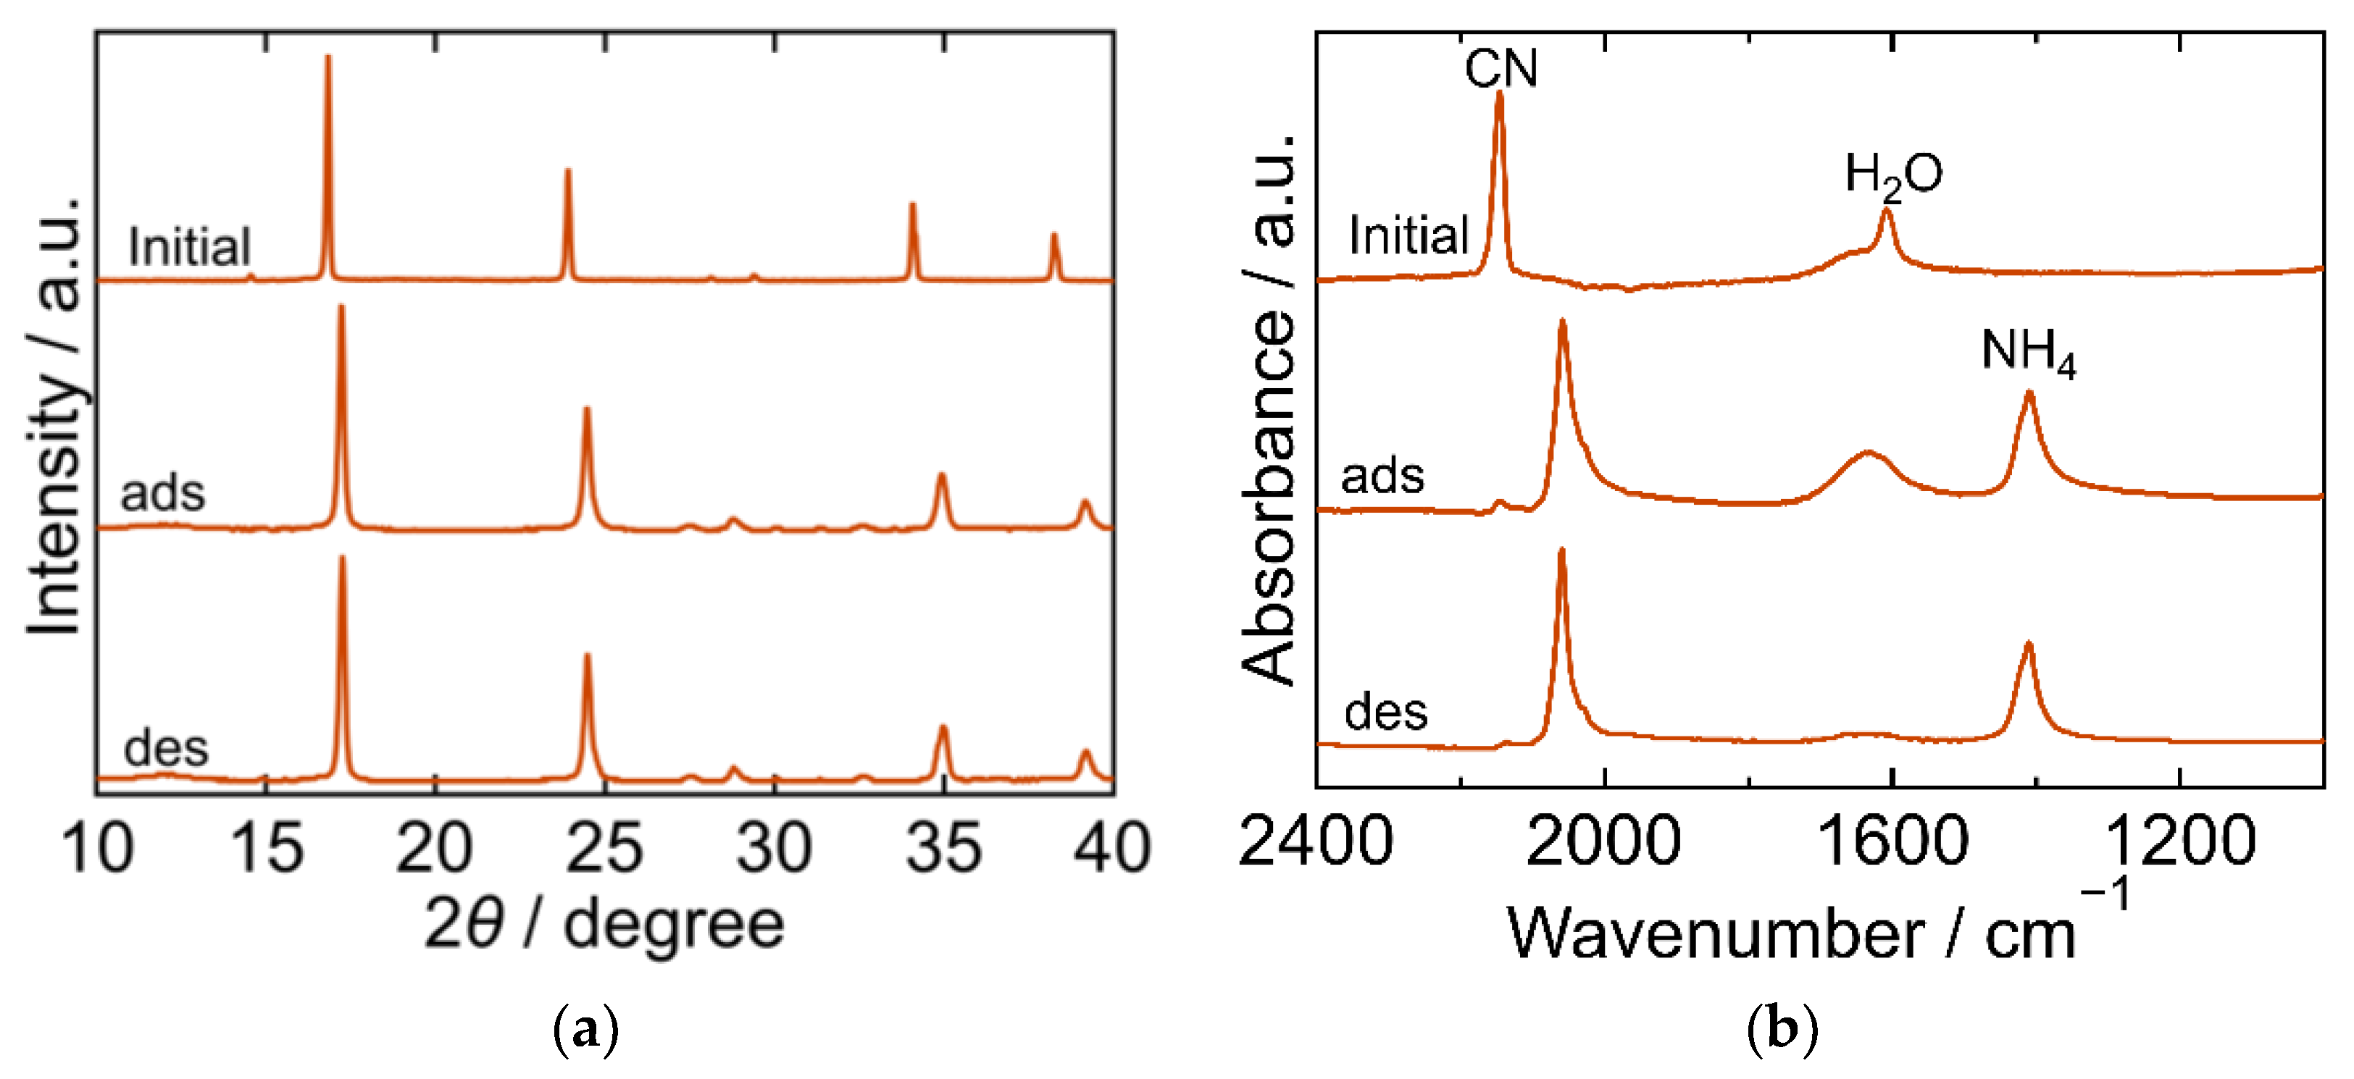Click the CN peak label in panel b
1501,69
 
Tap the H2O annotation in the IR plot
1893,175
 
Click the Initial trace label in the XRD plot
189,247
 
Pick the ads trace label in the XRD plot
163,493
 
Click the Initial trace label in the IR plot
1408,236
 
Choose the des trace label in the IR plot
1385,712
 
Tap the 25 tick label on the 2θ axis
604,848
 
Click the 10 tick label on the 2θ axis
97,848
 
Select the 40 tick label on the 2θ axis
1112,848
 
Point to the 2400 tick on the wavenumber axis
1316,841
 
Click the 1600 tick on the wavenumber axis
1892,841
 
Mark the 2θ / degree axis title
604,925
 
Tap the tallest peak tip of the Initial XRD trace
328,57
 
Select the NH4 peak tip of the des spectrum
2029,644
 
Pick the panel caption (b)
1781,1030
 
